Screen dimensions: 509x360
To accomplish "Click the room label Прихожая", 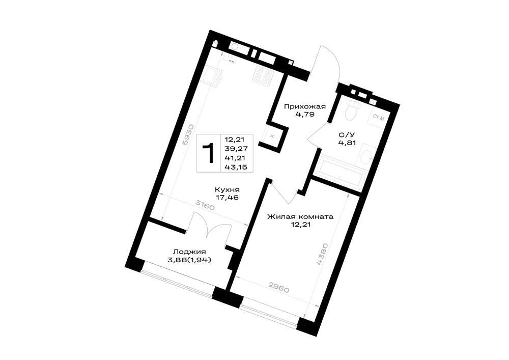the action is (x=305, y=106).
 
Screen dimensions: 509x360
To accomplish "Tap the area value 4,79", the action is (x=305, y=114).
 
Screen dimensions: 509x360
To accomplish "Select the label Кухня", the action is (x=227, y=190).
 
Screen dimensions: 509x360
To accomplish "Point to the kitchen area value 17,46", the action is (x=227, y=198).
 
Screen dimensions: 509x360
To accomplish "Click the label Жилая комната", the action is (x=300, y=217).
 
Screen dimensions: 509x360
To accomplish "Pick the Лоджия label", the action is (x=189, y=252).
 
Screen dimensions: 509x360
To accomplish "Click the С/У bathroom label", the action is (x=345, y=135).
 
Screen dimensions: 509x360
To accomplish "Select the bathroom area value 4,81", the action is (x=347, y=142).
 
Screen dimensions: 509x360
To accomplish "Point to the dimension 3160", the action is (x=205, y=205).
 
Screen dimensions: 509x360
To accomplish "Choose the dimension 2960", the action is (x=279, y=288).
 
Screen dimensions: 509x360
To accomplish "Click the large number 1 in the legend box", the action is (x=208, y=153).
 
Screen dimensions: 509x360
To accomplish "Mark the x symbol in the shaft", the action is (x=272, y=136).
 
